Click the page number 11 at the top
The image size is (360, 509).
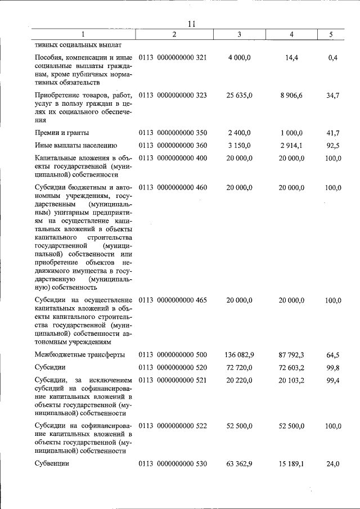pos(191,23)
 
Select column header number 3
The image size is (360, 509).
pos(239,35)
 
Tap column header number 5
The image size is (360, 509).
pos(331,35)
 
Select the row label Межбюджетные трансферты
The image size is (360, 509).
pos(79,355)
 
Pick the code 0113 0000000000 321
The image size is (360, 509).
pos(173,58)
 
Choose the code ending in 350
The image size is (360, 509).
pos(173,133)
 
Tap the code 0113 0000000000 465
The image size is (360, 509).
pos(173,300)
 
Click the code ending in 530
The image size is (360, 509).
pos(173,464)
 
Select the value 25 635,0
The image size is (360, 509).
pos(240,96)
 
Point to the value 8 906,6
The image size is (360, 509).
pos(291,96)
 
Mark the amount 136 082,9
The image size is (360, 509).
pos(239,355)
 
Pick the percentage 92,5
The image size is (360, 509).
pos(333,146)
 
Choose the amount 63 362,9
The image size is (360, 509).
pos(240,464)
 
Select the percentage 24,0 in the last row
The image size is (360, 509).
pos(333,464)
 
